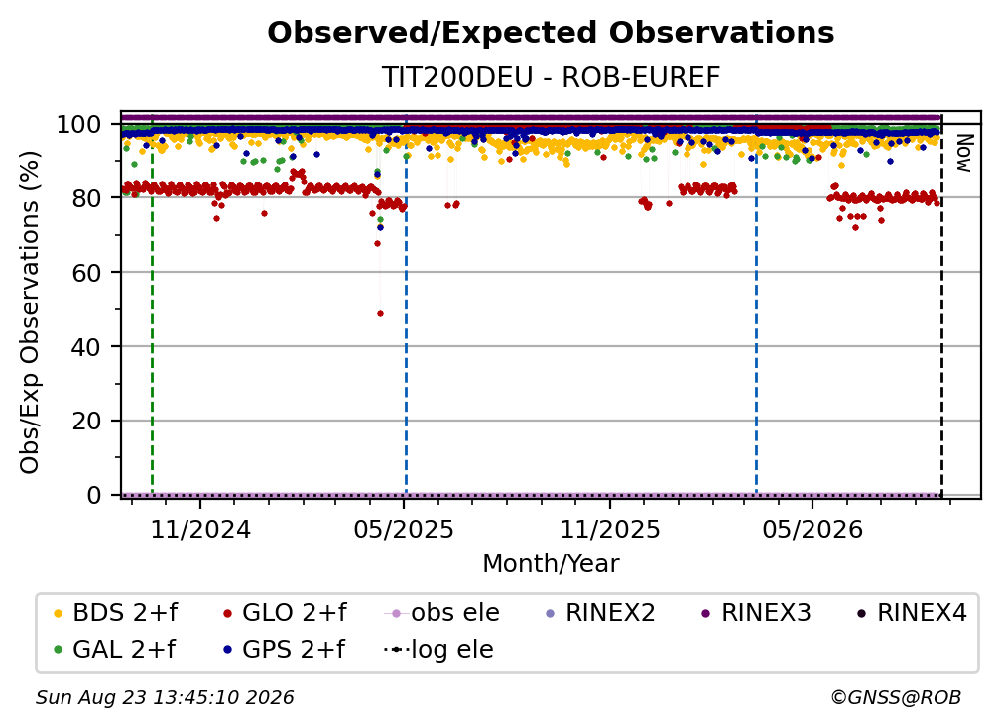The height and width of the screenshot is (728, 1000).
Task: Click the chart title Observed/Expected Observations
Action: (551, 33)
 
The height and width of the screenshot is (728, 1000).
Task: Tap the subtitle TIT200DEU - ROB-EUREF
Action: (551, 78)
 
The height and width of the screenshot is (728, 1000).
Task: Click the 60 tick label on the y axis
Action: (86, 273)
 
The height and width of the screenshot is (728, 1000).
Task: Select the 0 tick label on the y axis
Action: (93, 495)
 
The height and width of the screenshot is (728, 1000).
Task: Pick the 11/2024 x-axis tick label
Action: (200, 530)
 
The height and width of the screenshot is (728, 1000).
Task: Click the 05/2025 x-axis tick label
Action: (404, 530)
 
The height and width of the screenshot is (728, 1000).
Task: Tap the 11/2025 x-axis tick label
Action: (610, 530)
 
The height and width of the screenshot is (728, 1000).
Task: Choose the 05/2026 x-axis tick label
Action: (812, 530)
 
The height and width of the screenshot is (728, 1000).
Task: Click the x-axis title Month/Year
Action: (551, 564)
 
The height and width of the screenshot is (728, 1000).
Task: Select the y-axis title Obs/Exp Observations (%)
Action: (30, 312)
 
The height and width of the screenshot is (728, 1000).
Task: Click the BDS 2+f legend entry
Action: (116, 613)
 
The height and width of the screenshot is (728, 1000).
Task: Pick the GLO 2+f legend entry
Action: (285, 613)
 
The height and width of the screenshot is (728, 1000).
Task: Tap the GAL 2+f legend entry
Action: (115, 650)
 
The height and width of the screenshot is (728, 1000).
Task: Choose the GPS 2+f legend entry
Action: (285, 650)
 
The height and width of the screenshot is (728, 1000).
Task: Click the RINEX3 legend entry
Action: (756, 613)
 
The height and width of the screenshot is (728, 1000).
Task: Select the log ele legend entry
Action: (438, 650)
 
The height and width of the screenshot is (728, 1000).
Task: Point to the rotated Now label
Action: (963, 153)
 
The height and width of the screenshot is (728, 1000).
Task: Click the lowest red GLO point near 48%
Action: (381, 313)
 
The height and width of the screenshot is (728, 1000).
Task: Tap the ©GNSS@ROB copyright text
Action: (896, 698)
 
